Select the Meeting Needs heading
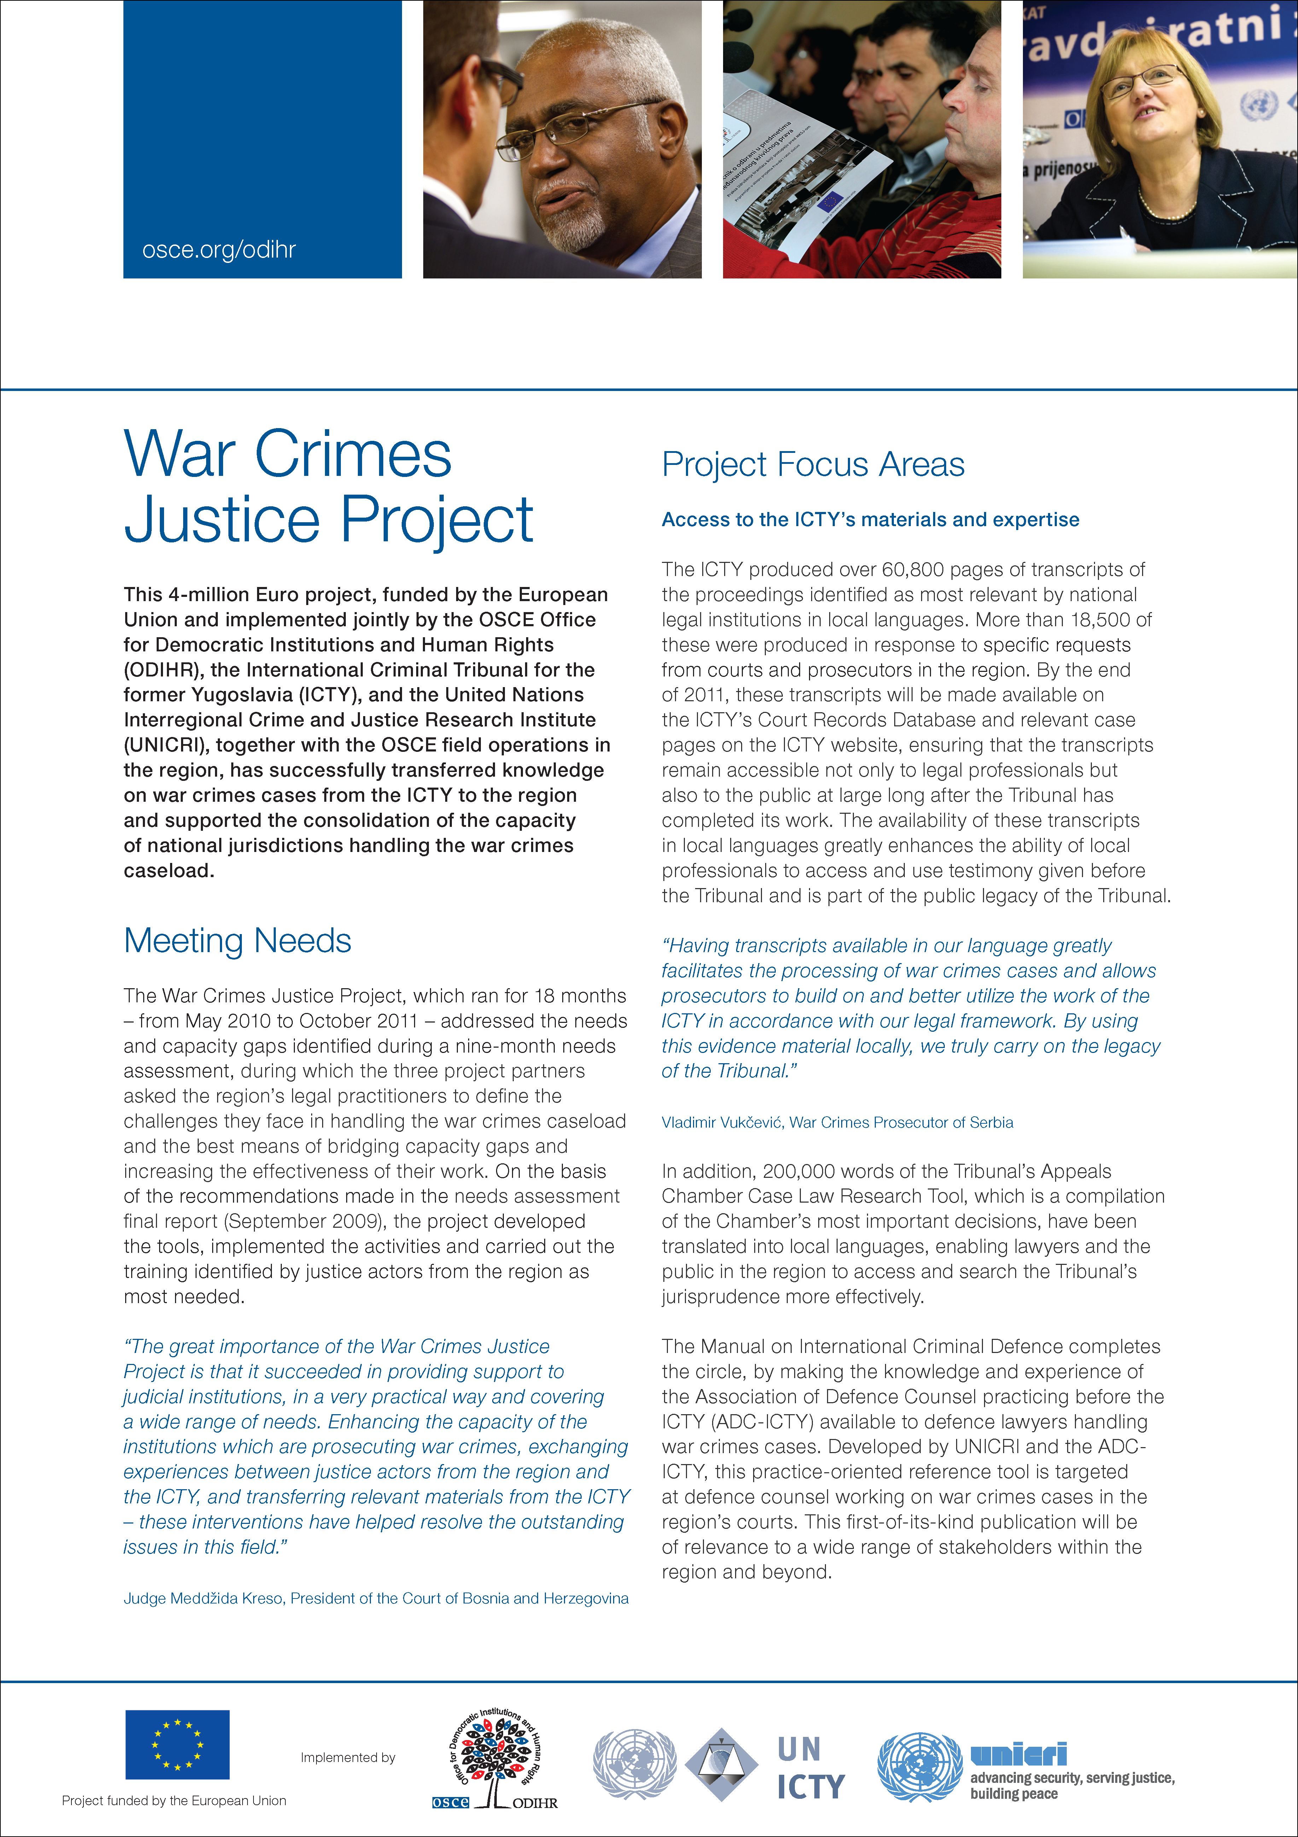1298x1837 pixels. (x=238, y=941)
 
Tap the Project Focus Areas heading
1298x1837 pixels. (x=813, y=465)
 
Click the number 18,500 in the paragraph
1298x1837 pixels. (x=1104, y=620)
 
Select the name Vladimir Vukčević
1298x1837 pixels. (x=721, y=1123)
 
